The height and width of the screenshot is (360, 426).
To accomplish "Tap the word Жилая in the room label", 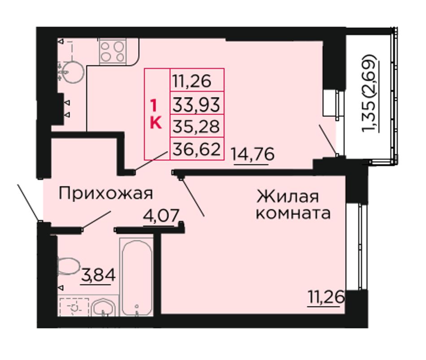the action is tap(288, 196).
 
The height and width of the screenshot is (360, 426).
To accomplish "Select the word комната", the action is tap(293, 213).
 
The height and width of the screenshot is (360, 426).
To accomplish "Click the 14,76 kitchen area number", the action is tap(252, 155).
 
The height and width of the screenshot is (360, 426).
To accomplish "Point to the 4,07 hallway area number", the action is tap(161, 216).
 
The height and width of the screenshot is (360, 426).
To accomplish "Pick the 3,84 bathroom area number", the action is tap(98, 275).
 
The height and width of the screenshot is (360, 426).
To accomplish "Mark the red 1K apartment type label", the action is tap(156, 114).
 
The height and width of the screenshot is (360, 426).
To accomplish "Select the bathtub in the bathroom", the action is tap(137, 278).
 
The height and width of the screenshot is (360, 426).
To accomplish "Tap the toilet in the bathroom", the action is tap(68, 266).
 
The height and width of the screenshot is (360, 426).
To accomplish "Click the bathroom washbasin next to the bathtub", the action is tap(104, 308).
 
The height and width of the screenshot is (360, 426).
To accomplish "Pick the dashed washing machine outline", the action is tap(74, 307).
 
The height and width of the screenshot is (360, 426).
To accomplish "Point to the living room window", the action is tap(360, 247).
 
